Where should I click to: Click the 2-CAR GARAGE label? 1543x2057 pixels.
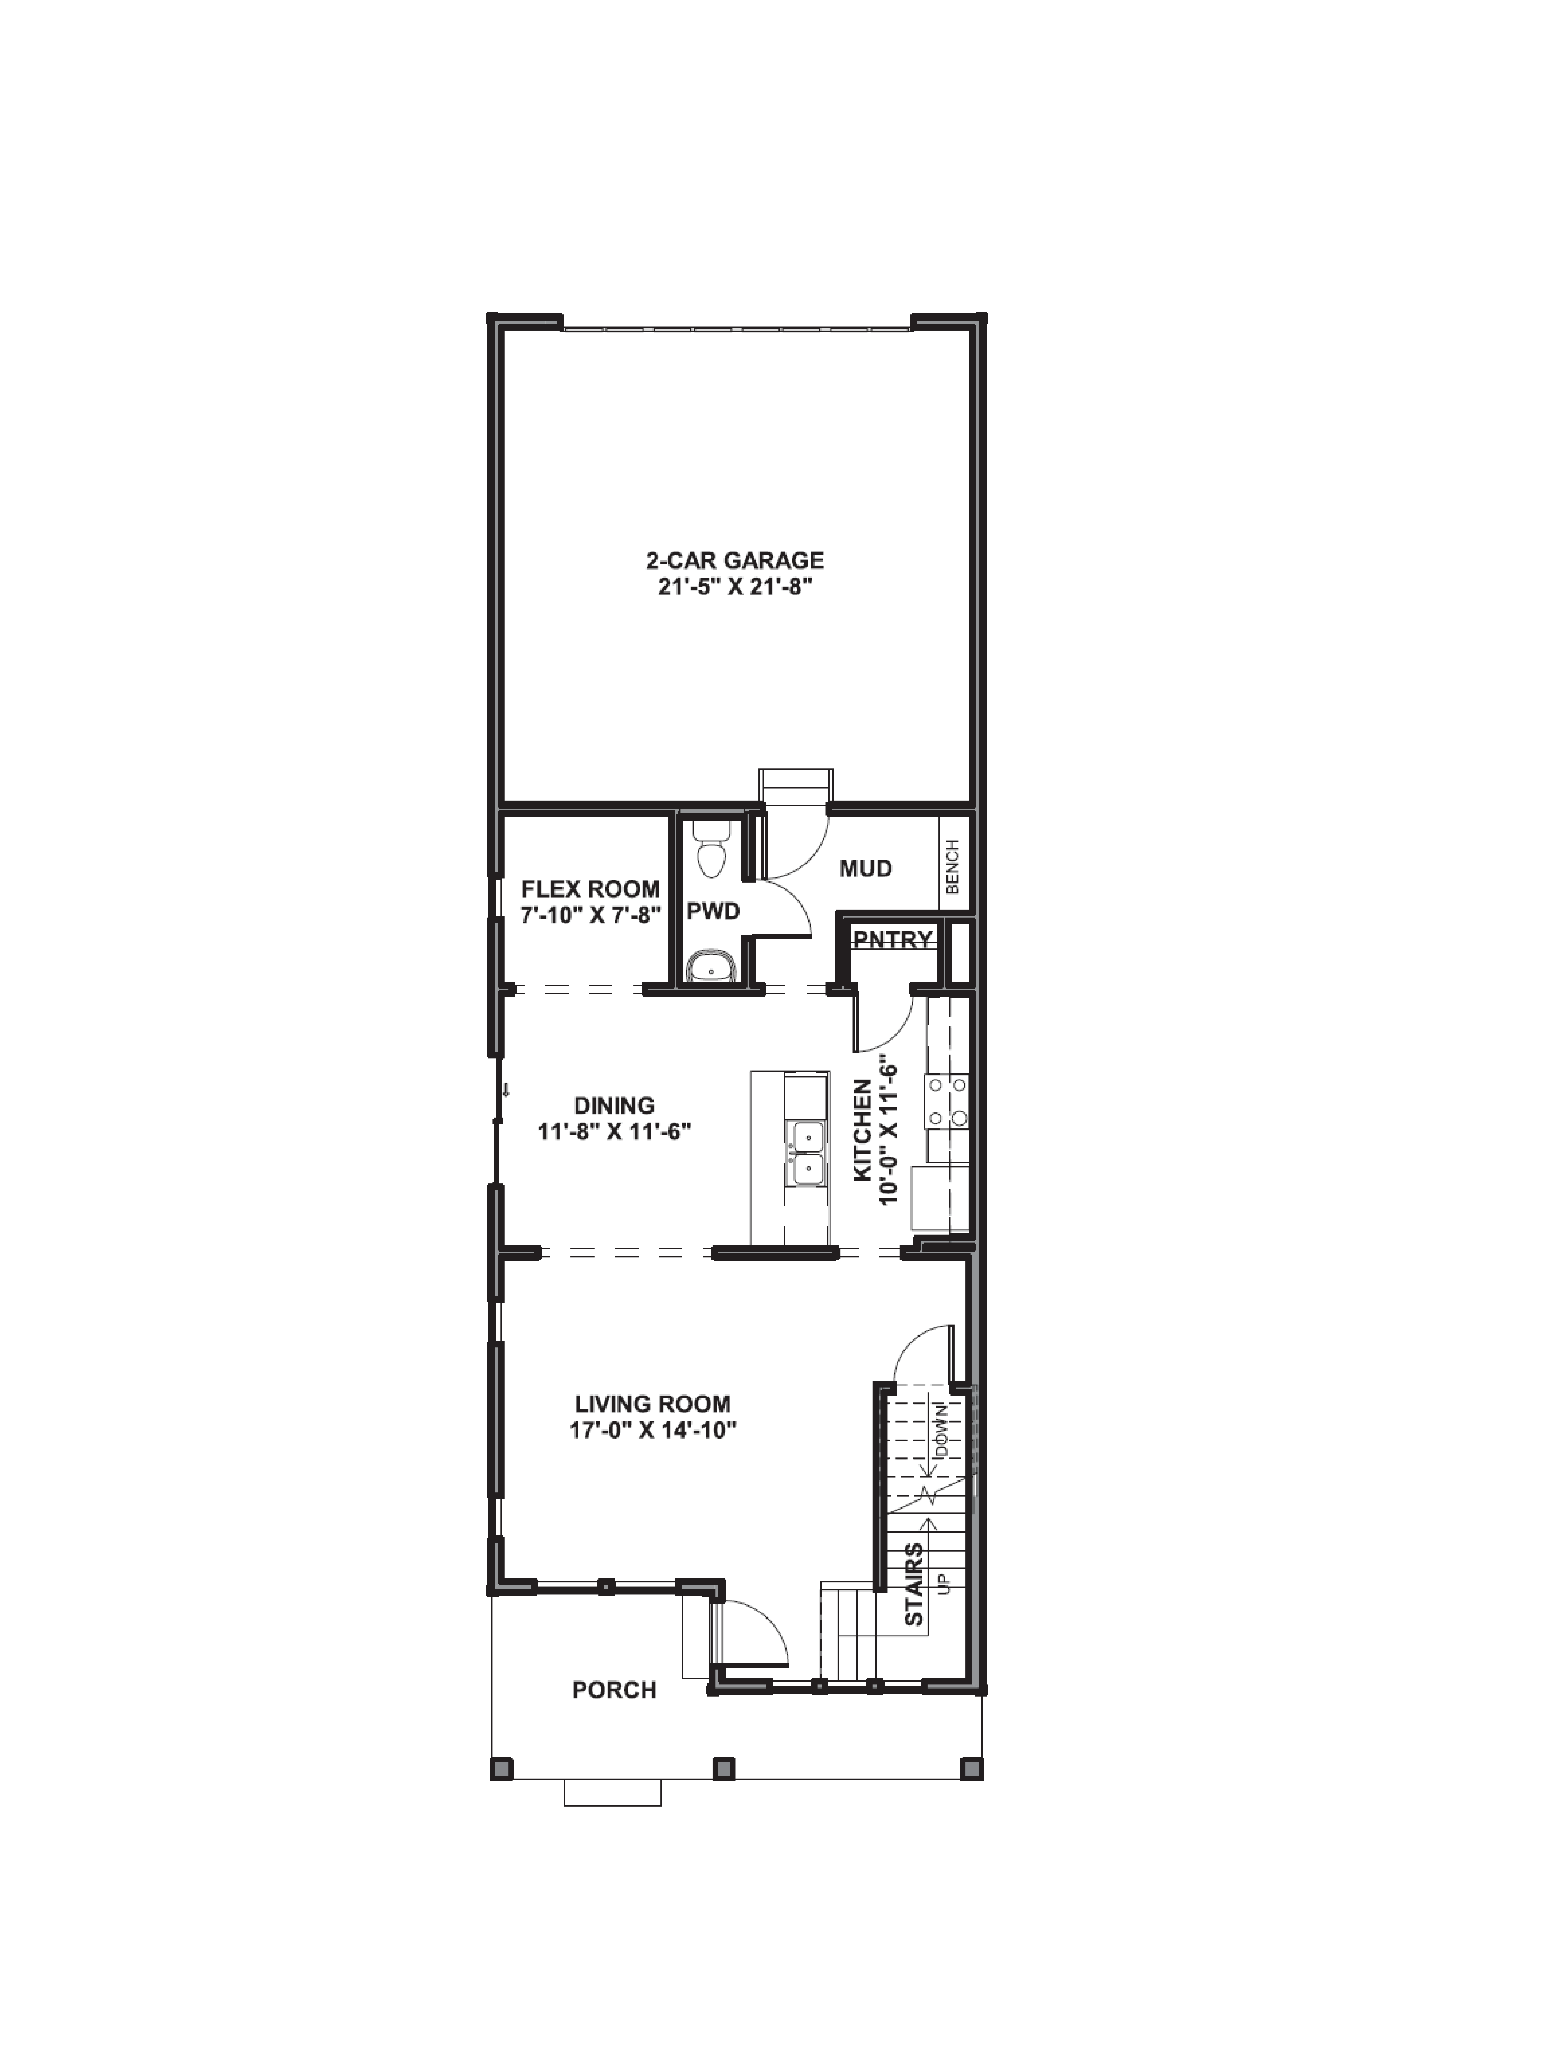[735, 561]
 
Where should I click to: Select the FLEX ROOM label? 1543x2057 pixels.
[591, 889]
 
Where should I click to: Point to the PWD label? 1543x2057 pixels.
[713, 911]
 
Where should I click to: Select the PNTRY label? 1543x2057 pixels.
[893, 940]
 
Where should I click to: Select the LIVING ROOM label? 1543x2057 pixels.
[652, 1404]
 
